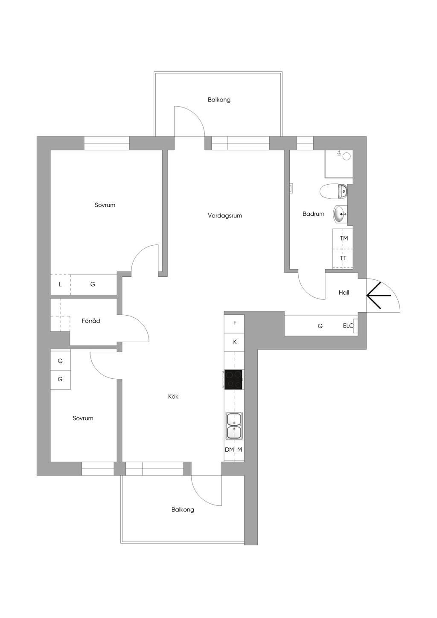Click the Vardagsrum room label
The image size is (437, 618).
[x=225, y=216]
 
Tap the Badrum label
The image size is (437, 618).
[x=313, y=214]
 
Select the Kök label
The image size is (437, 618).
[x=173, y=397]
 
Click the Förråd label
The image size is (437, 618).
[x=91, y=321]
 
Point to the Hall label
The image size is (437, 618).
[x=344, y=293]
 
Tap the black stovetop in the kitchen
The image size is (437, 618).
[x=233, y=380]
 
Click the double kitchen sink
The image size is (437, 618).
[x=234, y=426]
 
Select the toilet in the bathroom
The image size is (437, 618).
[x=333, y=191]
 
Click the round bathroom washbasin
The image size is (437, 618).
[x=340, y=214]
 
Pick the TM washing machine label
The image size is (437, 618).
[x=344, y=238]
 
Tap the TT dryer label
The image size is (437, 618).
[x=343, y=258]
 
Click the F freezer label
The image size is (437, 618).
[x=235, y=323]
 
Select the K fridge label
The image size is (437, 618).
[x=235, y=342]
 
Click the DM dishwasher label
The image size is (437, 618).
[x=229, y=450]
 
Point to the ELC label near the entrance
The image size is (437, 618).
[x=348, y=325]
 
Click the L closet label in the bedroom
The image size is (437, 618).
[x=60, y=284]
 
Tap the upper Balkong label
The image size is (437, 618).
[x=219, y=100]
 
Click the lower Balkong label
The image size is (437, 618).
[x=183, y=510]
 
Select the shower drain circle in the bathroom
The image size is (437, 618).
[x=346, y=157]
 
